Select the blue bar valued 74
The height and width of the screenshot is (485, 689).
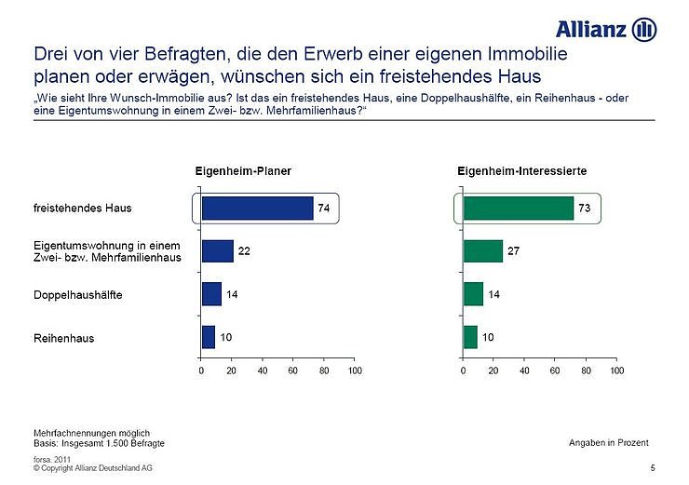coord(257,209)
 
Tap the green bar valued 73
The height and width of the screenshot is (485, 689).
coord(519,209)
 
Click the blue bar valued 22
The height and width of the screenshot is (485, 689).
coord(218,251)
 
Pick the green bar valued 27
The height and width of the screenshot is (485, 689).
coord(483,251)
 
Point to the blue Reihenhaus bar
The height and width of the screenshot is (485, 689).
coord(209,337)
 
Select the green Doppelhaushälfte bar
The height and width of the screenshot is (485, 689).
coord(473,294)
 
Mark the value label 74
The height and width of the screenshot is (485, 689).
coord(323,209)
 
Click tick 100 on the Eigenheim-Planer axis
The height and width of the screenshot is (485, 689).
coord(354,370)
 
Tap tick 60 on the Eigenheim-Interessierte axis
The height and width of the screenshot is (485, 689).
coord(555,370)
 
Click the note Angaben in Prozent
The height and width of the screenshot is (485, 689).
coord(608,441)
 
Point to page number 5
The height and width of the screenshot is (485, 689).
coord(653,466)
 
